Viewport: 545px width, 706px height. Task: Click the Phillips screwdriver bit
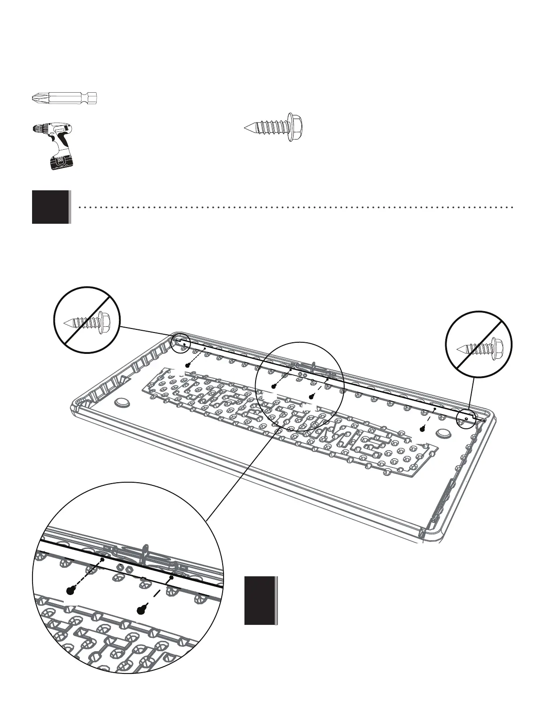pos(65,97)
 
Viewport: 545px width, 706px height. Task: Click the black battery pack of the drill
pos(60,162)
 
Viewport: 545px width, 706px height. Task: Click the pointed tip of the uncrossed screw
pos(246,127)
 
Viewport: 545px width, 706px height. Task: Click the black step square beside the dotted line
pos(51,207)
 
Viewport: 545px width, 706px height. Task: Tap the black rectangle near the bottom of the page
pos(260,600)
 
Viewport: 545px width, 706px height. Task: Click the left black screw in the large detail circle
pos(69,591)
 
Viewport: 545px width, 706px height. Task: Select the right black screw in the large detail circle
pos(142,610)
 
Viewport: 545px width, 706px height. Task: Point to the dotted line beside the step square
pos(294,207)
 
